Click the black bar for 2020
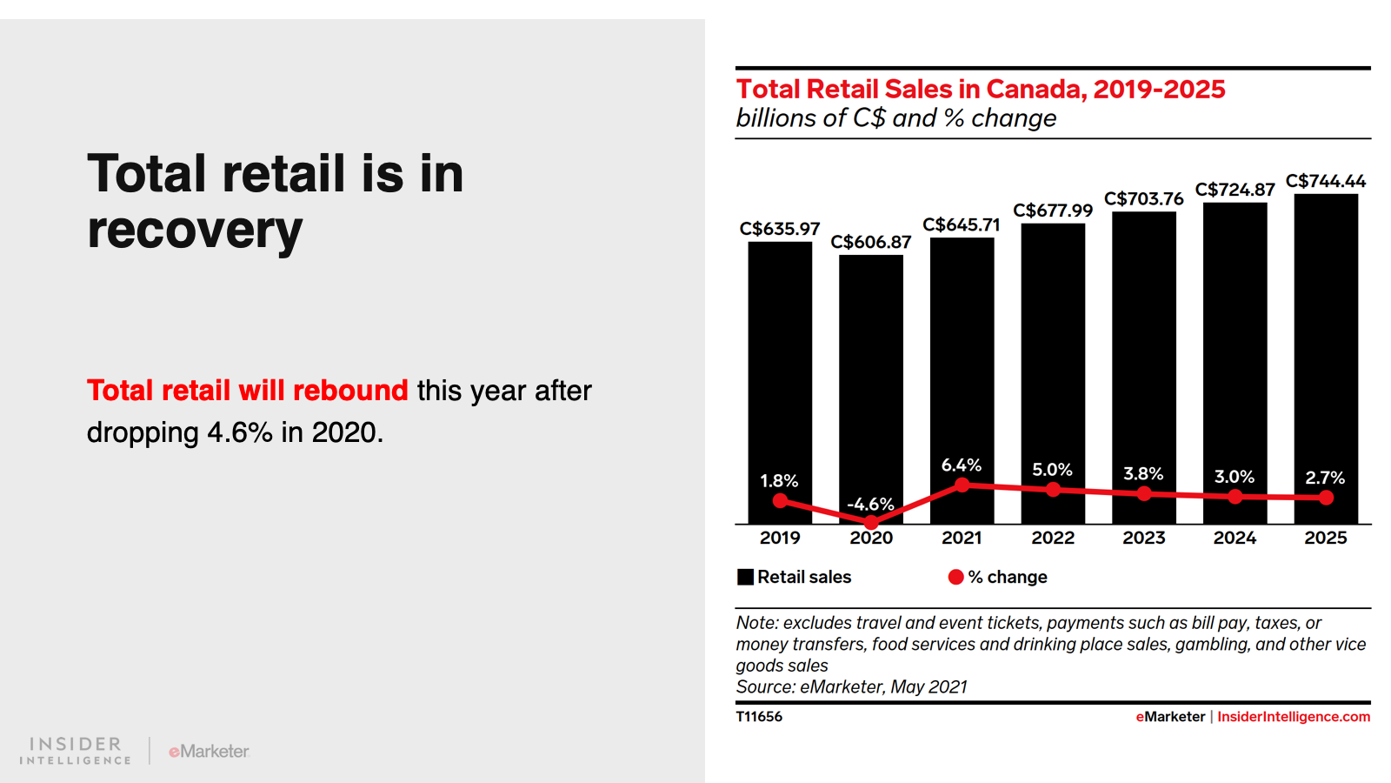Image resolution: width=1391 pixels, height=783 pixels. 870,374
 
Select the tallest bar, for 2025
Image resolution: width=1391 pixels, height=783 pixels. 1325,348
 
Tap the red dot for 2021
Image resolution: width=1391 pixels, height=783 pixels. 962,485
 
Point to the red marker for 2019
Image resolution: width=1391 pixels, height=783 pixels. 780,500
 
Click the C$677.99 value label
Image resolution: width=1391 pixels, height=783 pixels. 1053,211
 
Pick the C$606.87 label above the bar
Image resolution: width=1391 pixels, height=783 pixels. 870,242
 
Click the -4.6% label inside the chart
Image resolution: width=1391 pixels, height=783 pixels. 870,505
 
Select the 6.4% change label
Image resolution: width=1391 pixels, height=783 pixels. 962,465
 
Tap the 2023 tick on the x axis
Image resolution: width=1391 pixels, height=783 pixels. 1143,538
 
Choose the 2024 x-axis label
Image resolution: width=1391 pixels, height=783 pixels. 1235,538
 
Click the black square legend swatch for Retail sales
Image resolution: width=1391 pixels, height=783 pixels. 745,577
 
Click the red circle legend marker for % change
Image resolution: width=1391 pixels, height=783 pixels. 955,577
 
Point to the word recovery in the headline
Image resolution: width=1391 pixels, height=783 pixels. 195,231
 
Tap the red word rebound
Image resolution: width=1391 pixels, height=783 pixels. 350,391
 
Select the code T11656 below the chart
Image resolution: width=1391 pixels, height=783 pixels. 759,717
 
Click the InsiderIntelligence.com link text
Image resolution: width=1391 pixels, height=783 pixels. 1293,717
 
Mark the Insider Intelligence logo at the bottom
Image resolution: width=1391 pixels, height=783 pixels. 76,750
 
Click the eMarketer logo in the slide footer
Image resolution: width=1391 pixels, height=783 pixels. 209,751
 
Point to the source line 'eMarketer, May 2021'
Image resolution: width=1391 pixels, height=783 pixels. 883,687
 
